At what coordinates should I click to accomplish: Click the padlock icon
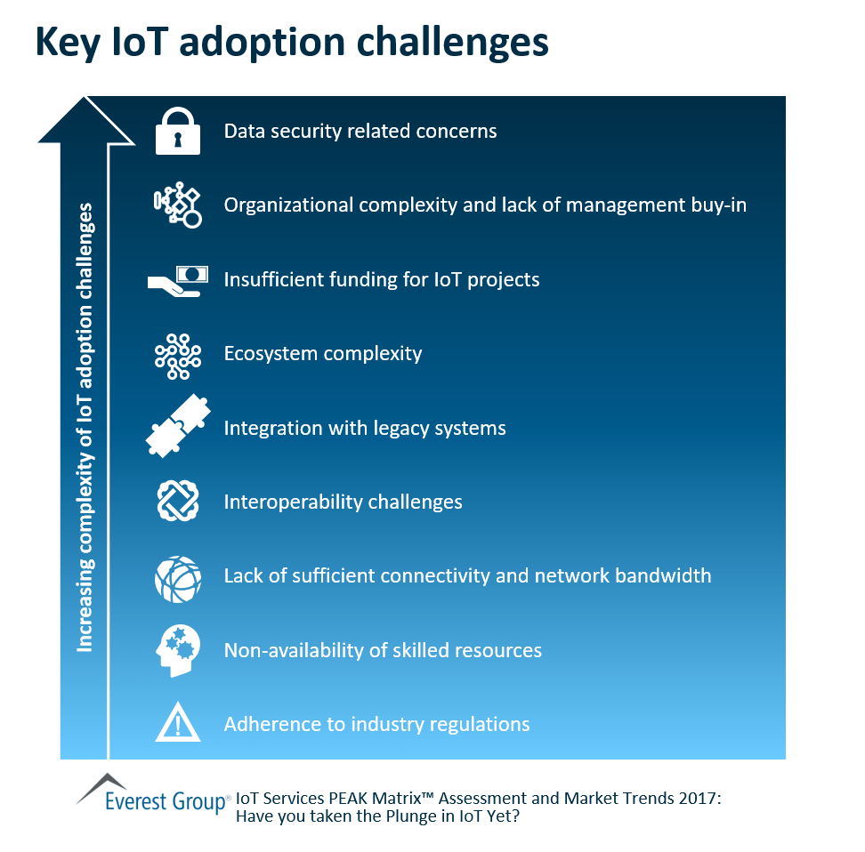pos(177,132)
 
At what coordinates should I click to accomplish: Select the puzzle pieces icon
pos(178,428)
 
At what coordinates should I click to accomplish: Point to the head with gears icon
pos(176,650)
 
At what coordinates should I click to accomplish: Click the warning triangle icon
pos(177,724)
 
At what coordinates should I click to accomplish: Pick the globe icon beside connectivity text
pos(177,576)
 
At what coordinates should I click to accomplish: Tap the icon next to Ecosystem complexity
pos(177,354)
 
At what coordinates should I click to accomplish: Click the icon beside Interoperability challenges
pos(177,502)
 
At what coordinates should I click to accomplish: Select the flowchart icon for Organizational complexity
pos(177,205)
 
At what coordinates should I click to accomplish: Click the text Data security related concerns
pos(360,132)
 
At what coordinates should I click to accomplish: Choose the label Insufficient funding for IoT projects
pos(381,280)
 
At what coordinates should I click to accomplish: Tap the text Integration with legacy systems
pos(364,428)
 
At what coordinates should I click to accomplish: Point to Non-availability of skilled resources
pos(383,650)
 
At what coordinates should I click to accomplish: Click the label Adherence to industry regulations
pos(376,724)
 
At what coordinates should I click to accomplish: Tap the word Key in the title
pos(69,44)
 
